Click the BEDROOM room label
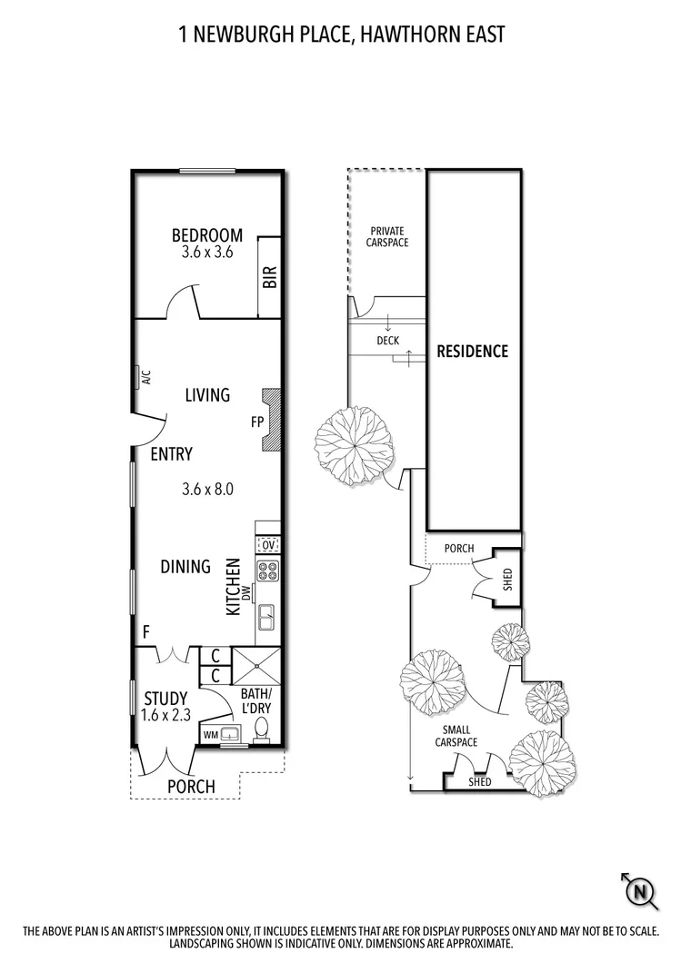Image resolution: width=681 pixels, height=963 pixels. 207,236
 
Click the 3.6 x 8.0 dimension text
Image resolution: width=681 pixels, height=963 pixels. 207,489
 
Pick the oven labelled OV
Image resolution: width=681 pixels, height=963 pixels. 268,544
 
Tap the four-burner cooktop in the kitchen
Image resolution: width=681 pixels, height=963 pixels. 268,571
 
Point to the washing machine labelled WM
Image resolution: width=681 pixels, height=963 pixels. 211,733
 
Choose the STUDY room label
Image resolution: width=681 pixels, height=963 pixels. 165,699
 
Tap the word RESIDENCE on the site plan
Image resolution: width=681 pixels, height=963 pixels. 472,351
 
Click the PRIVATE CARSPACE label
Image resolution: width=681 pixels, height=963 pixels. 386,237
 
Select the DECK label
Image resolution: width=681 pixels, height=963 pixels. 387,341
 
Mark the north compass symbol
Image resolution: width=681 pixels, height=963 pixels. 641,891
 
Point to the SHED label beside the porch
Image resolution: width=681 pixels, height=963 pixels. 507,579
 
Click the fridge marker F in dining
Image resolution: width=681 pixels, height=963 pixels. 145,630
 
